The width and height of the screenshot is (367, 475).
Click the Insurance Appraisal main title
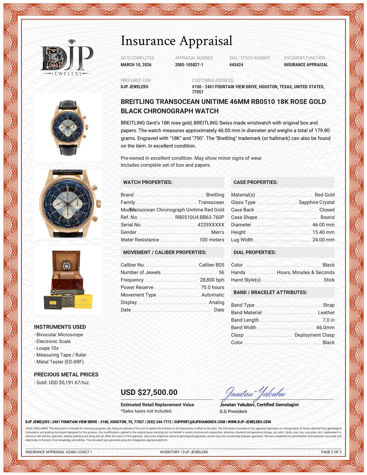[177, 41]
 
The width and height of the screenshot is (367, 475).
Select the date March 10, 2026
[136, 65]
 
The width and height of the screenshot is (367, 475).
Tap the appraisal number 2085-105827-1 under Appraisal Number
[189, 65]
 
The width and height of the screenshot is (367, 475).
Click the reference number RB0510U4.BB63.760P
[200, 217]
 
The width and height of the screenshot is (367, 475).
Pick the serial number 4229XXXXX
[211, 225]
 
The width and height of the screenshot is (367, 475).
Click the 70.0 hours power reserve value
[212, 287]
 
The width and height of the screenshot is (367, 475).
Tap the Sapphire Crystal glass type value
[316, 202]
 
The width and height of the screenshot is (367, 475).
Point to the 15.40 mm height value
[323, 232]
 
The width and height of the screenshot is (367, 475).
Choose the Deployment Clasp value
[315, 335]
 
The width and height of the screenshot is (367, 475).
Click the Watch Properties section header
[148, 182]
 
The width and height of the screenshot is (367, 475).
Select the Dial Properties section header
[255, 253]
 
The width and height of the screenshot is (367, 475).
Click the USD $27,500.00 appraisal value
[149, 392]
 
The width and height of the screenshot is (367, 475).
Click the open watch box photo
[68, 279]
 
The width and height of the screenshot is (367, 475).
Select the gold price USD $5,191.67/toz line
[63, 382]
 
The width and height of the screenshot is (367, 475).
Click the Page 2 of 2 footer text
[331, 452]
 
